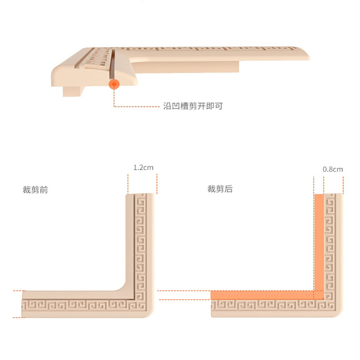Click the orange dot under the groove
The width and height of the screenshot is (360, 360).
(114, 84)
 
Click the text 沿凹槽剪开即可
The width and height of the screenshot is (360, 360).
(193, 106)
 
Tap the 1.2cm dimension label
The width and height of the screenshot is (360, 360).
(143, 167)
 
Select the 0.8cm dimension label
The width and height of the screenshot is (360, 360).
(333, 169)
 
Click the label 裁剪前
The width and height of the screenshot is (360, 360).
(35, 189)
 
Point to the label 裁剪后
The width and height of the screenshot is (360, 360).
(220, 189)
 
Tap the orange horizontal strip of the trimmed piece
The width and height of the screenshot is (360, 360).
(263, 295)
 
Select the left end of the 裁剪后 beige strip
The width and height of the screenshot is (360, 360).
(213, 309)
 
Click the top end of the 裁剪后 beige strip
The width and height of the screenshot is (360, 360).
(333, 197)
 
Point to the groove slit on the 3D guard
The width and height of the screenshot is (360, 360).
(112, 63)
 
